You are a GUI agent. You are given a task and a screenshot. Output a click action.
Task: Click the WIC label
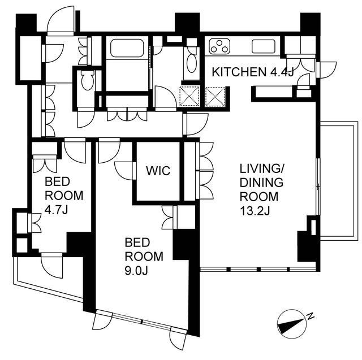pos(158,171)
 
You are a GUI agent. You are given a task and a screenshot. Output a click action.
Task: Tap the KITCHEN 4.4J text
pos(253,72)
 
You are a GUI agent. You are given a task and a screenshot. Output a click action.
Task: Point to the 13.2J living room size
pos(255,211)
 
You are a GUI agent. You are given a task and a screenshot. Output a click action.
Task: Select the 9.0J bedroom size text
pos(136,271)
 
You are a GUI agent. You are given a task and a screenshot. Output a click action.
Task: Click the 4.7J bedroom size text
pos(56,210)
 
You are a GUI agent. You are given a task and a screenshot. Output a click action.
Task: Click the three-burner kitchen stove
pos(219,46)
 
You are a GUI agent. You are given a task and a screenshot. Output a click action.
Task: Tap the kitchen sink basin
pos(264,46)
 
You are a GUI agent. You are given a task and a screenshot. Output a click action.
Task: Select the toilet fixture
pos(88,80)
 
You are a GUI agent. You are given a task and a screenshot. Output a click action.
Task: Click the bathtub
pos(127,48)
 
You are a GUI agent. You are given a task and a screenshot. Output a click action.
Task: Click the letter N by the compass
pos(311,316)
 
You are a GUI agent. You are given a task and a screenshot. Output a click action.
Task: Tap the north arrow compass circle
pos(292,324)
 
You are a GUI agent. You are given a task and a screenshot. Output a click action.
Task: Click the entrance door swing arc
pos(61,21)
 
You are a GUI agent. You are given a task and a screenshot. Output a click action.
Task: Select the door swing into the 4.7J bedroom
pos(75,150)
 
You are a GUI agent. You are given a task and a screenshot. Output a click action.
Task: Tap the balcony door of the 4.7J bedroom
pos(51,266)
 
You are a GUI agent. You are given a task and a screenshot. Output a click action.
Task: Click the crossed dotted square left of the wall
pos(189,97)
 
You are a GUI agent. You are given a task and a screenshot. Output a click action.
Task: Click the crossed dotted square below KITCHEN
pos(215,97)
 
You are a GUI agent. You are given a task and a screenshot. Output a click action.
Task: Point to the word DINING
pos(261,183)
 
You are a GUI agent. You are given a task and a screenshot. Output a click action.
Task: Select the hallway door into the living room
pos(196,124)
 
